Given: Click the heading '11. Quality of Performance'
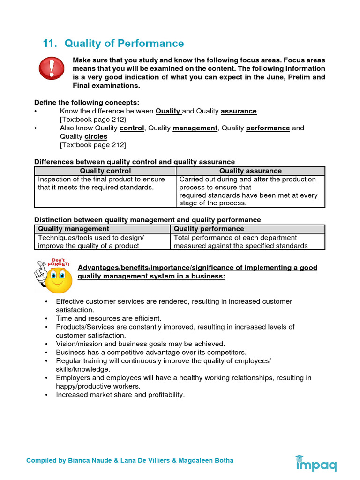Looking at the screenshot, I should coord(113,44).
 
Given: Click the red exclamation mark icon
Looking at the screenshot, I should coord(51,68).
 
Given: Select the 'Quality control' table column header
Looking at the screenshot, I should coord(105,171).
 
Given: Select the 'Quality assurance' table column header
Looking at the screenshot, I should coord(250,171).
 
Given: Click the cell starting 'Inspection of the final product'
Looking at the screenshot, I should coord(102,183).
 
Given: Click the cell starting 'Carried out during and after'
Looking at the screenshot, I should coord(248,191).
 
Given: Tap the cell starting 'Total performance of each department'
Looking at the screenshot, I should coord(240,241).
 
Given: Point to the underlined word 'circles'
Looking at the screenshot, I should coord(96,136).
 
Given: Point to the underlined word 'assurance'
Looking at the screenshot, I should coord(239,111).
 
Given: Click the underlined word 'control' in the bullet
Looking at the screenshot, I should coord(132,128).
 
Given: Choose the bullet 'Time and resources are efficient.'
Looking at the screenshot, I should coord(108,318).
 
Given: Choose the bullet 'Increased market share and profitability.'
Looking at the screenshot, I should coord(120,395).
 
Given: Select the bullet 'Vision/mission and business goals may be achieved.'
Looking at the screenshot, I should coord(140,344).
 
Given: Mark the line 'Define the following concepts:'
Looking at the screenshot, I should coord(87,102).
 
